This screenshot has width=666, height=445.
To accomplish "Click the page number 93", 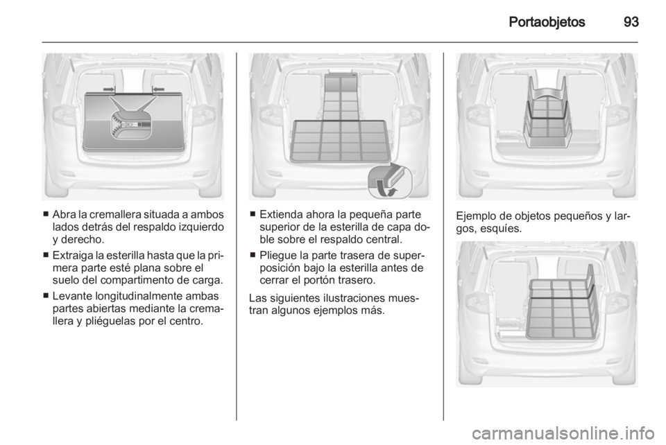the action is (631, 21).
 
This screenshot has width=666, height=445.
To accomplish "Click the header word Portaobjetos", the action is (547, 22).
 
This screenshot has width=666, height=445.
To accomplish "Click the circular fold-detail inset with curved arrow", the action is (390, 182).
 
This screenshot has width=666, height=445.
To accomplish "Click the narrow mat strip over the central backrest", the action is (340, 97).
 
